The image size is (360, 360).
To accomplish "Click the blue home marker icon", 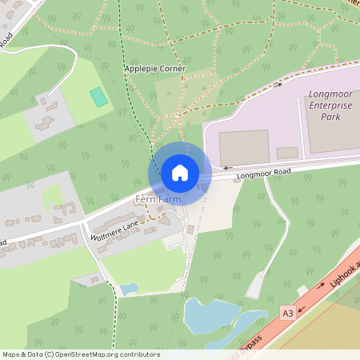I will pos(180,173).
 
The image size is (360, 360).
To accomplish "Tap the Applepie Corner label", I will pos(155,69).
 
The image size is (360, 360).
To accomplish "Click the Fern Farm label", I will pos(158,198).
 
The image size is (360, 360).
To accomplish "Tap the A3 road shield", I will pos(287,313).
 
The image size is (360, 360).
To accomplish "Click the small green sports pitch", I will pos(98,97).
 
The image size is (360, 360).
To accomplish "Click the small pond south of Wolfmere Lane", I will pos(129,289).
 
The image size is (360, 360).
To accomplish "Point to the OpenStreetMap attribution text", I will pos(81,354).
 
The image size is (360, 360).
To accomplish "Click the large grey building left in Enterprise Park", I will pos(244,146).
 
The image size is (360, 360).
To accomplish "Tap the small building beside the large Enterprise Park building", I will pos(287,152).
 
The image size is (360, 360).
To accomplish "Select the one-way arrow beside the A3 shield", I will pos(303,309).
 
